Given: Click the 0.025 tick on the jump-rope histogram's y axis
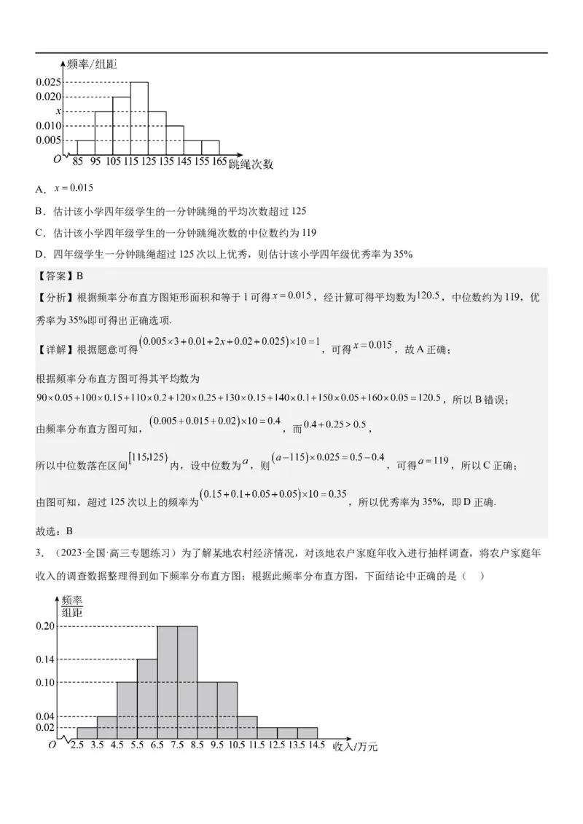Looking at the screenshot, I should pos(49,82).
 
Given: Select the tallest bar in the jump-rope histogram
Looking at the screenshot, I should pos(139,119).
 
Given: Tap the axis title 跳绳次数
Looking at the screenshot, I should pos(251,164).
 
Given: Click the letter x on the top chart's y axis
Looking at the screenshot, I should pos(58,111).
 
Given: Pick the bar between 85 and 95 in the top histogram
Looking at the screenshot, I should pos(85,148).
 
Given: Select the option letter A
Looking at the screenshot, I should pos(41,189).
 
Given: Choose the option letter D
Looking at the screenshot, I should pos(41,254).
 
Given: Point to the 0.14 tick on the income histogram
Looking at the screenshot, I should pos(45,659).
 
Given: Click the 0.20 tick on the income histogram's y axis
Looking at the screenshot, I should pos(45,626).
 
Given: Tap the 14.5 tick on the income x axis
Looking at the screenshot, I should pos(317,745).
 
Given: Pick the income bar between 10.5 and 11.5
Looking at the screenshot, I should pos(247,726).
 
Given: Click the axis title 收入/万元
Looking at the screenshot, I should pos(356,746).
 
